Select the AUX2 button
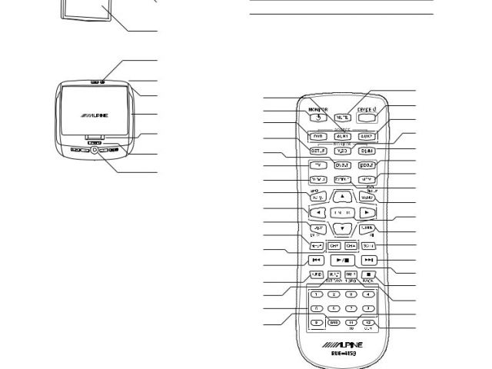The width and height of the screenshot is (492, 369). pyautogui.click(x=368, y=136)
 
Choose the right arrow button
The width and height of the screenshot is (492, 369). pyautogui.click(x=368, y=210)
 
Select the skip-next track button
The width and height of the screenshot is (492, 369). pyautogui.click(x=369, y=261)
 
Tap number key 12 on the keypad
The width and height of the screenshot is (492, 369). pyautogui.click(x=368, y=321)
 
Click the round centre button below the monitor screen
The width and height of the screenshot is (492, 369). pyautogui.click(x=95, y=151)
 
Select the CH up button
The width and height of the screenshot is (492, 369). pyautogui.click(x=352, y=246)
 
